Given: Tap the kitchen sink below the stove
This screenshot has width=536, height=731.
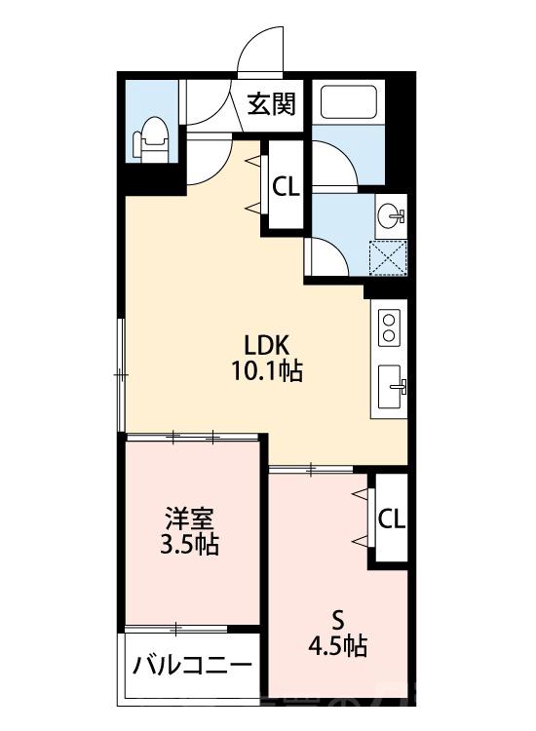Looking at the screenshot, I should [x=393, y=389].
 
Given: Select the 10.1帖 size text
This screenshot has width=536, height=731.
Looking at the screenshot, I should [x=265, y=371].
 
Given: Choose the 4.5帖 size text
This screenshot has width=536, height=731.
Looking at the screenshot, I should [x=338, y=645].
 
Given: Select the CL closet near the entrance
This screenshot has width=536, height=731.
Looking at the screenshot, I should [x=286, y=186].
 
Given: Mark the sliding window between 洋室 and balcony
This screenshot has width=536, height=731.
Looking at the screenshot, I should [x=192, y=628].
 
